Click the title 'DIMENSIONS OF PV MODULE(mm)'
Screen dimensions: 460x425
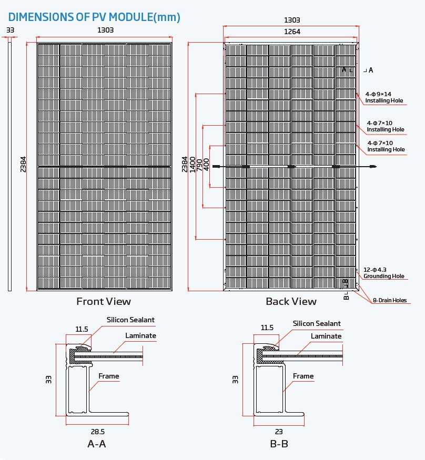(x=94, y=17)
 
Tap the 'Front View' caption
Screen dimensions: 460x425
(x=104, y=301)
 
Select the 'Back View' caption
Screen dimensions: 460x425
(x=291, y=301)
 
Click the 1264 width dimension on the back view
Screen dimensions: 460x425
(x=292, y=32)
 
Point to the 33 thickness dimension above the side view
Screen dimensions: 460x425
(x=10, y=30)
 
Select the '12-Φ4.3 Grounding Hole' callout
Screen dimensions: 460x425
(x=383, y=273)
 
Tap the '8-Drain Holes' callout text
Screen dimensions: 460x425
(x=389, y=300)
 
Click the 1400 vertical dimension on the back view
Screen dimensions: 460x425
(x=192, y=165)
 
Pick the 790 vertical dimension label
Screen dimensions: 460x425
(x=199, y=165)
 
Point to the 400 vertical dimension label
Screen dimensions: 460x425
(x=206, y=165)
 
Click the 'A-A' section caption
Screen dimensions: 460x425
(x=97, y=444)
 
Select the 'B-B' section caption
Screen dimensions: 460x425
(x=279, y=444)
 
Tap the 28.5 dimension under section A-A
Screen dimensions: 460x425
(x=96, y=431)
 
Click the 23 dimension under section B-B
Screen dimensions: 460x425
(x=279, y=431)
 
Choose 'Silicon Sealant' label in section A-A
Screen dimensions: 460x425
(x=130, y=320)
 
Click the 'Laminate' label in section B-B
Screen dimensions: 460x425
(x=326, y=336)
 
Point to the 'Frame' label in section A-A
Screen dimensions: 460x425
(x=109, y=376)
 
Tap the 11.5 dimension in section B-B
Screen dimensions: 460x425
(x=267, y=328)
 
